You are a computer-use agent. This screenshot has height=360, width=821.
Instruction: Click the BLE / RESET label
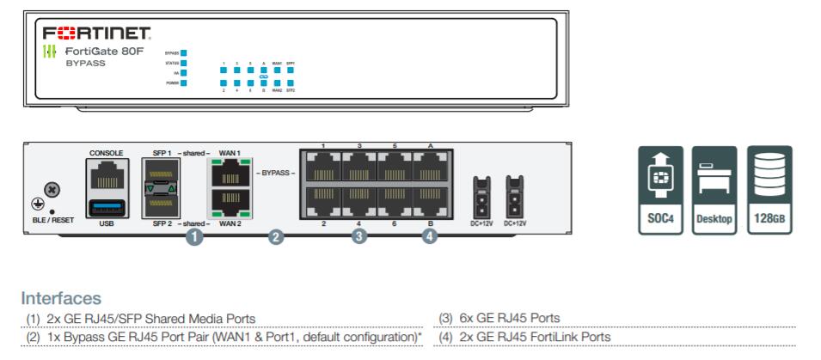[47, 219]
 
